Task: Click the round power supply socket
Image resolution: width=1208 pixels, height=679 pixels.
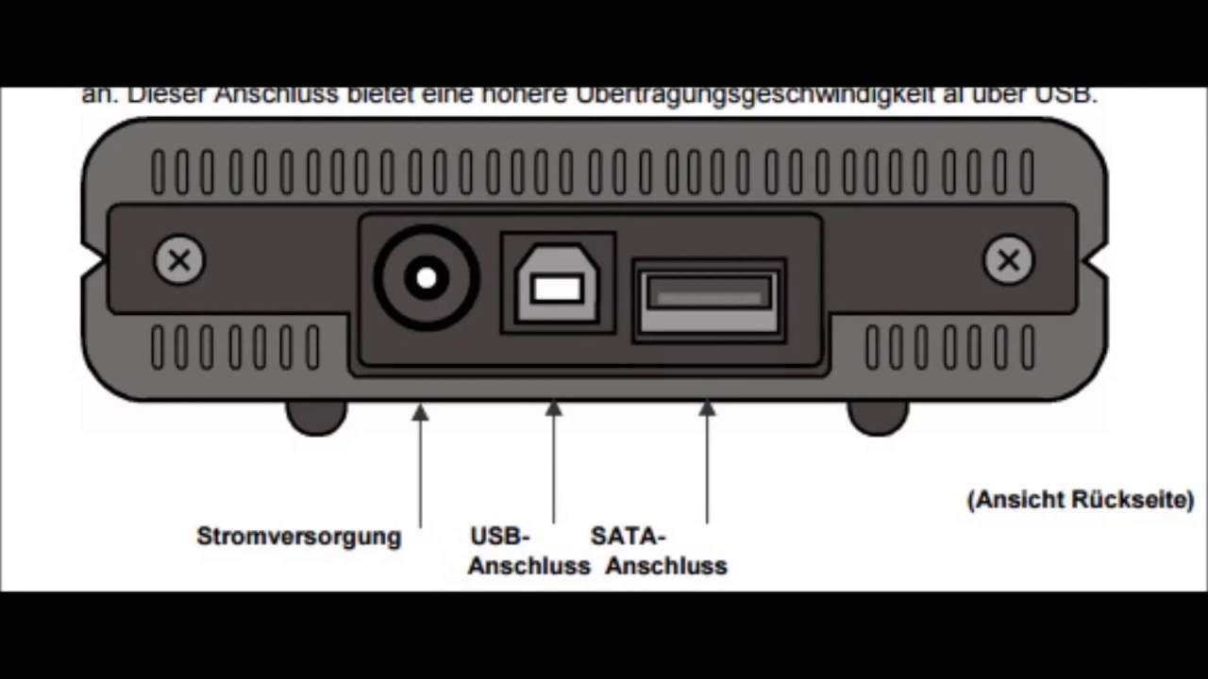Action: click(427, 277)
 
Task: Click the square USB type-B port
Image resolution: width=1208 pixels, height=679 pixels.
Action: click(557, 282)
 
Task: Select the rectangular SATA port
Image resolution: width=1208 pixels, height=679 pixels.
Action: click(709, 300)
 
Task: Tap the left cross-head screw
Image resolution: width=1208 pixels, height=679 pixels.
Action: click(179, 260)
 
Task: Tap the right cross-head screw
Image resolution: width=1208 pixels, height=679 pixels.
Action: click(1008, 260)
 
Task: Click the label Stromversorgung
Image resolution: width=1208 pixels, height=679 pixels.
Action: click(298, 537)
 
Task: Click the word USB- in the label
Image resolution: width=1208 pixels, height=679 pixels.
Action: click(500, 537)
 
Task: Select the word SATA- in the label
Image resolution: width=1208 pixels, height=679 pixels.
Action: click(629, 537)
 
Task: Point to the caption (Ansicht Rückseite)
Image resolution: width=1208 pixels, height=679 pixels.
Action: click(1081, 500)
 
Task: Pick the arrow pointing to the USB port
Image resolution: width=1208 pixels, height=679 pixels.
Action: click(554, 461)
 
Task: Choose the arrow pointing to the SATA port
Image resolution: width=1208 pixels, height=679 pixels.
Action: click(707, 461)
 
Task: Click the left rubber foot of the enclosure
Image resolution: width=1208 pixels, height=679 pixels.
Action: click(316, 417)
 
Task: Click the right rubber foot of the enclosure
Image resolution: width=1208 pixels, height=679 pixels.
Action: click(878, 417)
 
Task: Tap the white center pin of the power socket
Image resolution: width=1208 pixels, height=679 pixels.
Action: click(427, 278)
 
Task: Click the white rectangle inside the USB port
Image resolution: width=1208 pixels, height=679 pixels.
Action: click(557, 288)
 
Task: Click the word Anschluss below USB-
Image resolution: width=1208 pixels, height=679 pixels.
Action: click(528, 566)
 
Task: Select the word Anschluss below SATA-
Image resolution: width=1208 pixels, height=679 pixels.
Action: click(666, 566)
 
